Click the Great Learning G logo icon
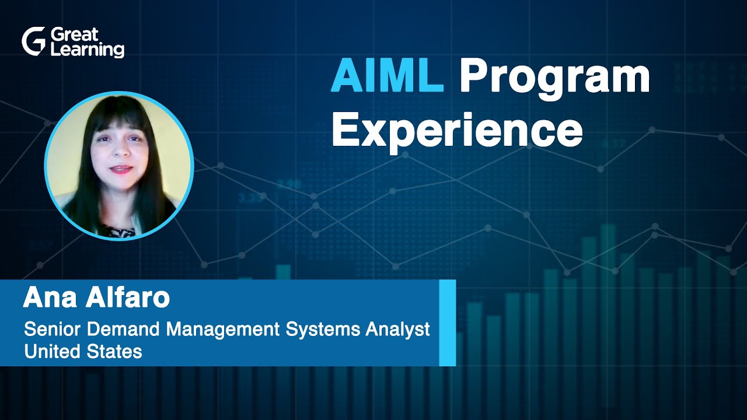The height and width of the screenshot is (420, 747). click(33, 41)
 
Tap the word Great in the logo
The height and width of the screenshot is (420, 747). click(75, 34)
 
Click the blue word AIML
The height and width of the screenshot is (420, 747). click(387, 77)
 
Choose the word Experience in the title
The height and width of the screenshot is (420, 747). click(457, 131)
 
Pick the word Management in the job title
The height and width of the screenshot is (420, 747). click(223, 330)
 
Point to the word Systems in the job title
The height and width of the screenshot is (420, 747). click(323, 330)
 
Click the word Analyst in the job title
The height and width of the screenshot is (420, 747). click(398, 330)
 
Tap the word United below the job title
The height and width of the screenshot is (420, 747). click(52, 351)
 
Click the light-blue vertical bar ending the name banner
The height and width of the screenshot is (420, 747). click(447, 323)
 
